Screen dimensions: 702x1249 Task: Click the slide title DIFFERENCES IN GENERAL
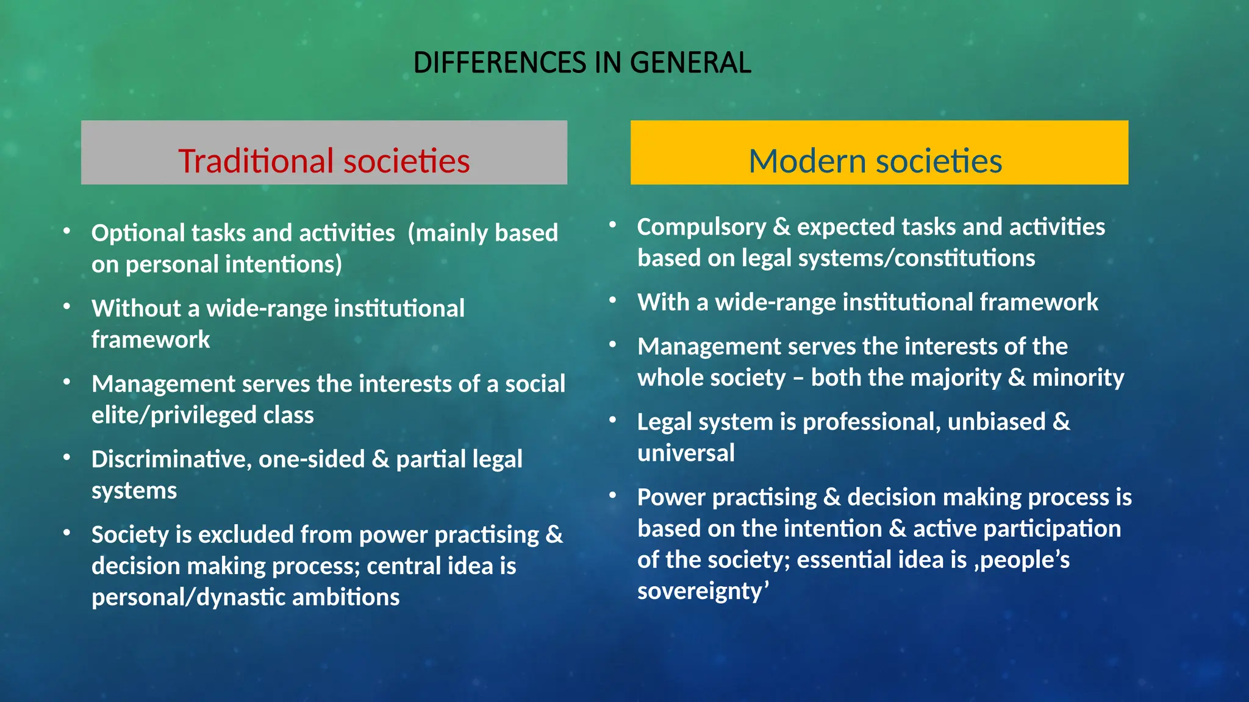coord(582,63)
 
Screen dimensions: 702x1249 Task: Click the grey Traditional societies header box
coord(324,152)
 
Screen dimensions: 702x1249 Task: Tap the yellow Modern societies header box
coord(879,152)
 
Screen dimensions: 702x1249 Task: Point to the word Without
coord(136,308)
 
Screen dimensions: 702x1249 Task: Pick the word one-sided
coord(312,459)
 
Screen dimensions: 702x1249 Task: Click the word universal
coord(686,453)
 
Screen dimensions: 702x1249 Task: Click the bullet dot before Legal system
coord(613,420)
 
